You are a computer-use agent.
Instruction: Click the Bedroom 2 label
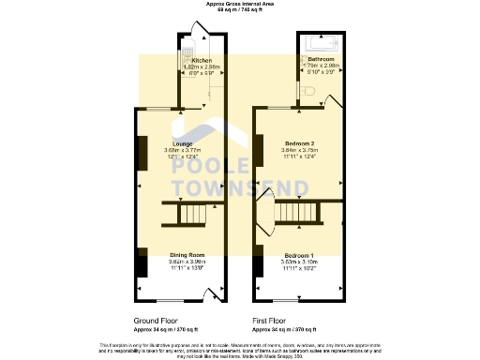[299, 142]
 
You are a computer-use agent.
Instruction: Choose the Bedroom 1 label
[299, 255]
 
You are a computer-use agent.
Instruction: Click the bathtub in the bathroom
[319, 43]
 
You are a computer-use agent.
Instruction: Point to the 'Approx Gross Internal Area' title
[240, 5]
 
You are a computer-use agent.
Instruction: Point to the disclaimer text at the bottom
[240, 350]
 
